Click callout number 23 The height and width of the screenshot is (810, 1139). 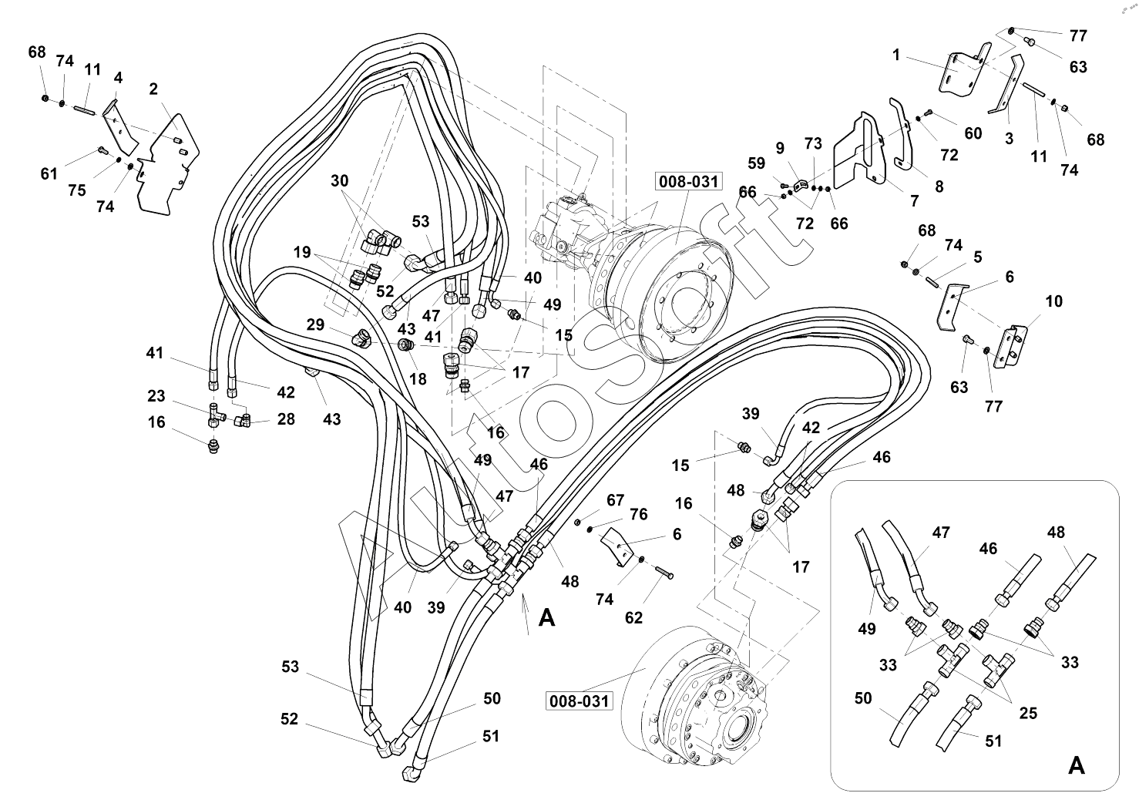(x=156, y=396)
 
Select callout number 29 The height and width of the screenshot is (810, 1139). (x=315, y=325)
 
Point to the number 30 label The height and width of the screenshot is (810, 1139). (x=339, y=181)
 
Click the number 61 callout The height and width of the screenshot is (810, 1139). (x=49, y=174)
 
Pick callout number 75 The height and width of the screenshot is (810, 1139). (x=77, y=190)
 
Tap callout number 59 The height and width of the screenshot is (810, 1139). (x=756, y=163)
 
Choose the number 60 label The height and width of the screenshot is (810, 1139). (x=973, y=133)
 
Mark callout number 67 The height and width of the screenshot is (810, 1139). (x=615, y=501)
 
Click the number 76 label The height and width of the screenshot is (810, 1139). (x=639, y=514)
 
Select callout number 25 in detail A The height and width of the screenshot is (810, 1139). (x=1028, y=713)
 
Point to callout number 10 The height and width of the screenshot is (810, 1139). (x=1053, y=301)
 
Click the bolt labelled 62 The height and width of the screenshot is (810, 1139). (x=664, y=574)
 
